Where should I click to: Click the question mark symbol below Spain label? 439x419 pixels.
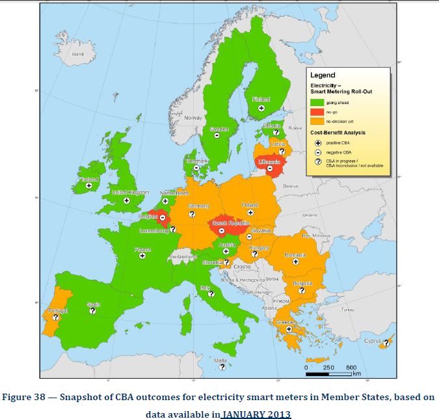tap(92, 312)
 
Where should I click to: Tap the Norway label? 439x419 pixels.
tap(193, 118)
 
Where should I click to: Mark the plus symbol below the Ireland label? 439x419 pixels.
tap(88, 185)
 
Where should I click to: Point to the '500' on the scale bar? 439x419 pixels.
tap(351, 368)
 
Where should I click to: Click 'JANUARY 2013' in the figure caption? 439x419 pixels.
tap(257, 413)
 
